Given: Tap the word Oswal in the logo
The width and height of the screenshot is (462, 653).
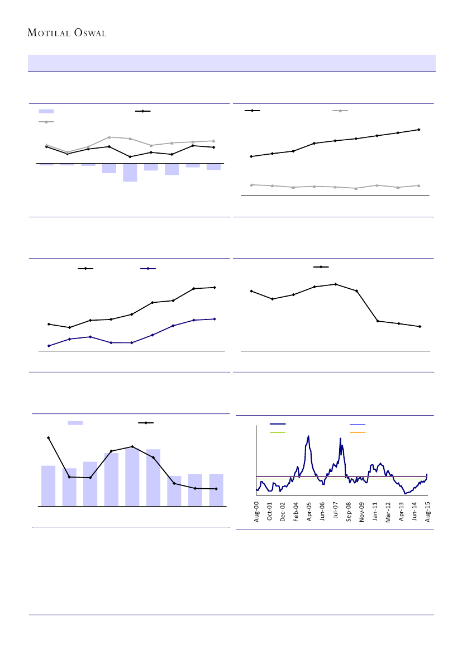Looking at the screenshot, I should [88, 32].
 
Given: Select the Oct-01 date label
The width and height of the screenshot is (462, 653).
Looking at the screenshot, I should [270, 511].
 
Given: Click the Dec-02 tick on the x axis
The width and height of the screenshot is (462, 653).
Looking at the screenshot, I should [283, 511].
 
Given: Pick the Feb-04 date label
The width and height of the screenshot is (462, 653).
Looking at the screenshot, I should [296, 511].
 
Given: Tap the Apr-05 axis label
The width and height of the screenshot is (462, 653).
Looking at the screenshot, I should [309, 511].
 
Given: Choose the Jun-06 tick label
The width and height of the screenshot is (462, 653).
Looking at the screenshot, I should [322, 511].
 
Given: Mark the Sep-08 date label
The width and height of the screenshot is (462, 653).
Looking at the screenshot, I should [349, 511].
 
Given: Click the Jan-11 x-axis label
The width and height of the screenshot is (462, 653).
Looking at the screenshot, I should [375, 511].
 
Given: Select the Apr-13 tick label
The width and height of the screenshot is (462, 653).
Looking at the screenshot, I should [401, 511].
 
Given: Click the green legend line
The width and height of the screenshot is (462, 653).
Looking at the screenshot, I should [278, 432].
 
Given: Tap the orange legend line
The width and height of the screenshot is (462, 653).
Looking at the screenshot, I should [358, 432].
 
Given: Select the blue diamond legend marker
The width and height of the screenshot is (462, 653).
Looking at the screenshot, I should [147, 269].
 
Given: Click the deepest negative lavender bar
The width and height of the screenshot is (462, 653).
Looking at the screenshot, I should [130, 173].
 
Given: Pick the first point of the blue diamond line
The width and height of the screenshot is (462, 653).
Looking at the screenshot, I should [49, 346].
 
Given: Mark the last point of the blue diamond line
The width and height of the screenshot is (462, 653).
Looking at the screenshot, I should [215, 319].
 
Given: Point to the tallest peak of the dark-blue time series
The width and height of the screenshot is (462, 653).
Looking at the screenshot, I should [308, 436].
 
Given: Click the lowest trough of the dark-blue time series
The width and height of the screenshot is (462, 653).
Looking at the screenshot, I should [405, 494].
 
